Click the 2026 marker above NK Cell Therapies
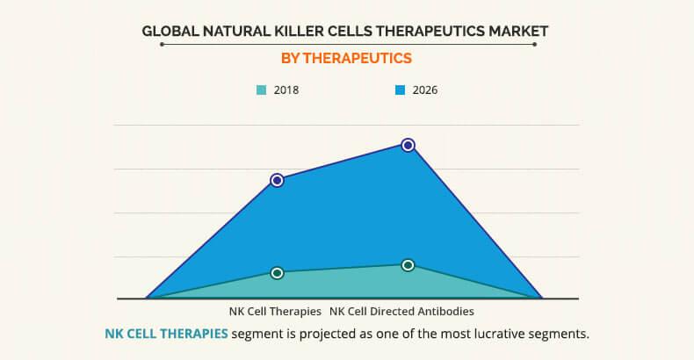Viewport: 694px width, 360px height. tap(277, 180)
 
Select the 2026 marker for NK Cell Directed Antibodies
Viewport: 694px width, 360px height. tap(408, 145)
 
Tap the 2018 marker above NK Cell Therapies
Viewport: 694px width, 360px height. tap(277, 273)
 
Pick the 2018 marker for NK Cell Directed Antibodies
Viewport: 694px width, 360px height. tap(408, 265)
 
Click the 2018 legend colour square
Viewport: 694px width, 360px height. tap(262, 90)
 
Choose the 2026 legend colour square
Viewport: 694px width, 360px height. tap(400, 90)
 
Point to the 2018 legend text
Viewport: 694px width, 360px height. tap(286, 90)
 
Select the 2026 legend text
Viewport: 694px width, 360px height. tap(425, 90)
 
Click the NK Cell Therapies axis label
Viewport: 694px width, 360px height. tap(275, 312)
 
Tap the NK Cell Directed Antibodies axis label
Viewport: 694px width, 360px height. tap(401, 312)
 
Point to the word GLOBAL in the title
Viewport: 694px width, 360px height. tap(170, 32)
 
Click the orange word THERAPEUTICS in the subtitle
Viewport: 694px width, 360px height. tap(358, 58)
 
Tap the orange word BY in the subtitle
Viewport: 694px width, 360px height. tap(291, 58)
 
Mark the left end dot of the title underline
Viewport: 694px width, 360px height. tap(162, 44)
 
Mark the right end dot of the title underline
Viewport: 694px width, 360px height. tap(535, 44)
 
